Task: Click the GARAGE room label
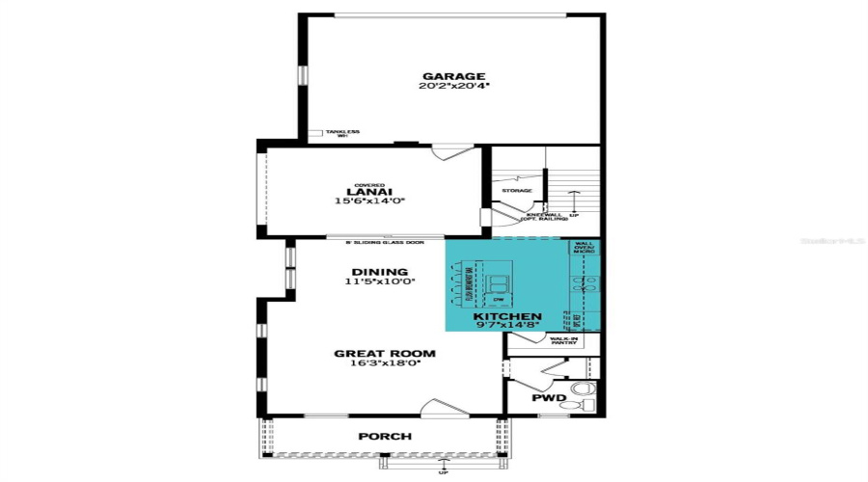point(452,76)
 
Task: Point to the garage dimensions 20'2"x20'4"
point(452,87)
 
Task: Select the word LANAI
point(369,192)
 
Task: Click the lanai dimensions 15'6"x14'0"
point(369,201)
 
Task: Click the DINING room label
point(380,272)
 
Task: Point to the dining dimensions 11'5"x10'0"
point(380,282)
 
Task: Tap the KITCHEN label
point(506,316)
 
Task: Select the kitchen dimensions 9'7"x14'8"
point(506,326)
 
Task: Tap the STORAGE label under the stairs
point(517,191)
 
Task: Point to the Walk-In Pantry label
point(564,340)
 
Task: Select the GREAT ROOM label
point(384,354)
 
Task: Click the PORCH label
point(385,437)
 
